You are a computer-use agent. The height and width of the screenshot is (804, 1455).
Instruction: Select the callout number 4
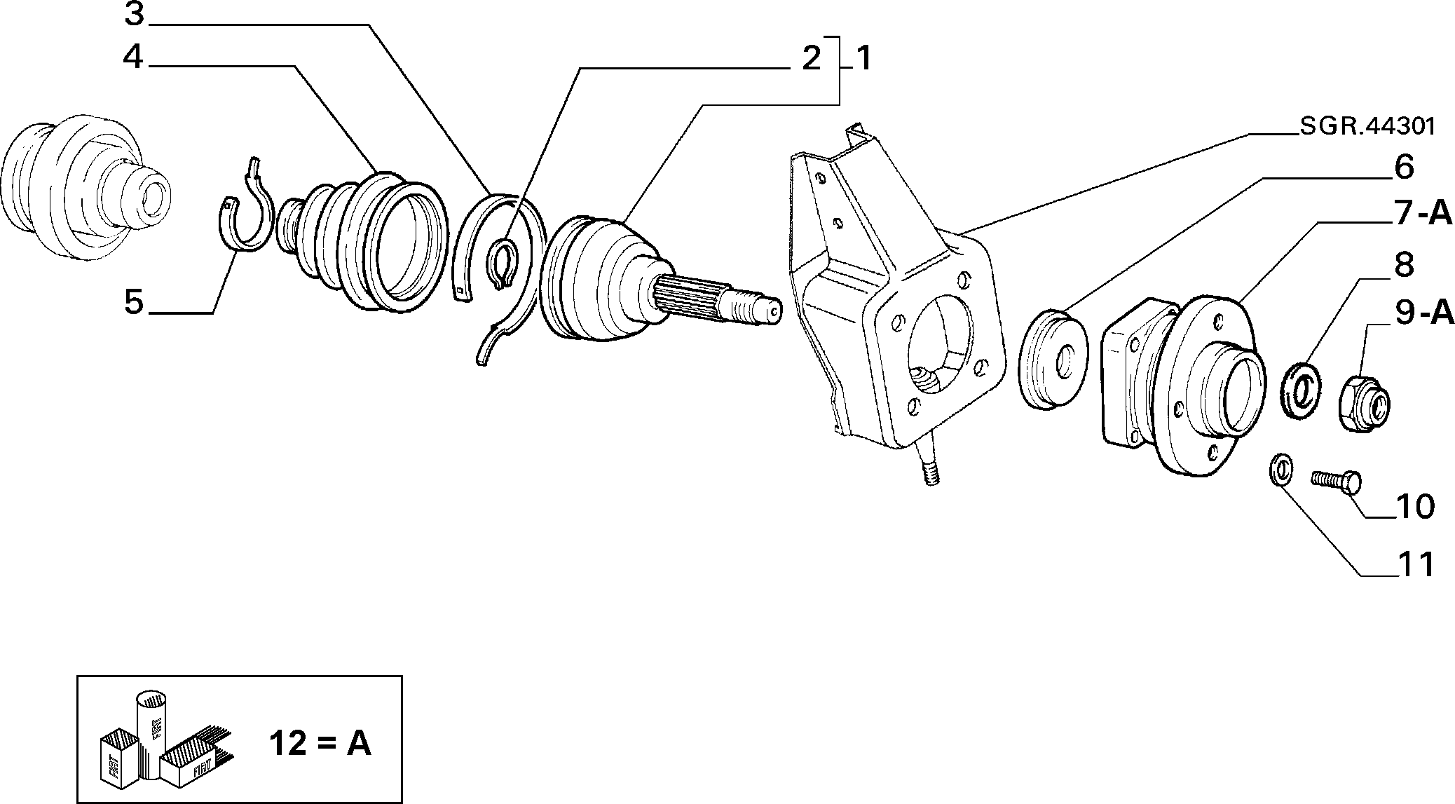134,57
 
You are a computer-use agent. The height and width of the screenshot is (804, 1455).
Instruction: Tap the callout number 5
134,303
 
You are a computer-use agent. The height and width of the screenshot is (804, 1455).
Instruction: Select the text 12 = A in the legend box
320,743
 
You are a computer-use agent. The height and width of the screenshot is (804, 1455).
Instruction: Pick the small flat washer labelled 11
1281,469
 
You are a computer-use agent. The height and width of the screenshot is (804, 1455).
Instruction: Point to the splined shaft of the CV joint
715,301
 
